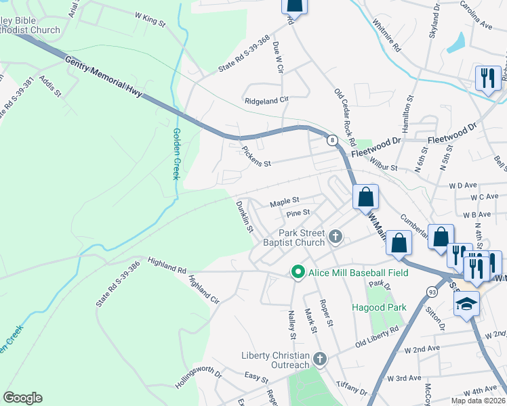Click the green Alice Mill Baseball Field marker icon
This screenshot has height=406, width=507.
pos(297,273)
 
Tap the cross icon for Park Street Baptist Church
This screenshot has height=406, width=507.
pos(335,237)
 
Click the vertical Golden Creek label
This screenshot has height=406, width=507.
pos(176,154)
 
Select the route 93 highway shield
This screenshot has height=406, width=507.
pos(432,291)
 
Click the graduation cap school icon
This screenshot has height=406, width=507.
pos(466,304)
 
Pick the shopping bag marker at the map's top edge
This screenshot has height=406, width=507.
pos(296,5)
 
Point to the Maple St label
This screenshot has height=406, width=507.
pos(284,201)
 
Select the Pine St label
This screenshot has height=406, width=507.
pos(298,212)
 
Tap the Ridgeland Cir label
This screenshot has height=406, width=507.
pos(266,99)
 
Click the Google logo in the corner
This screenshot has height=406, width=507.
pos(22,397)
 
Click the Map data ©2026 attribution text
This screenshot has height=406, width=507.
pos(477,401)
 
